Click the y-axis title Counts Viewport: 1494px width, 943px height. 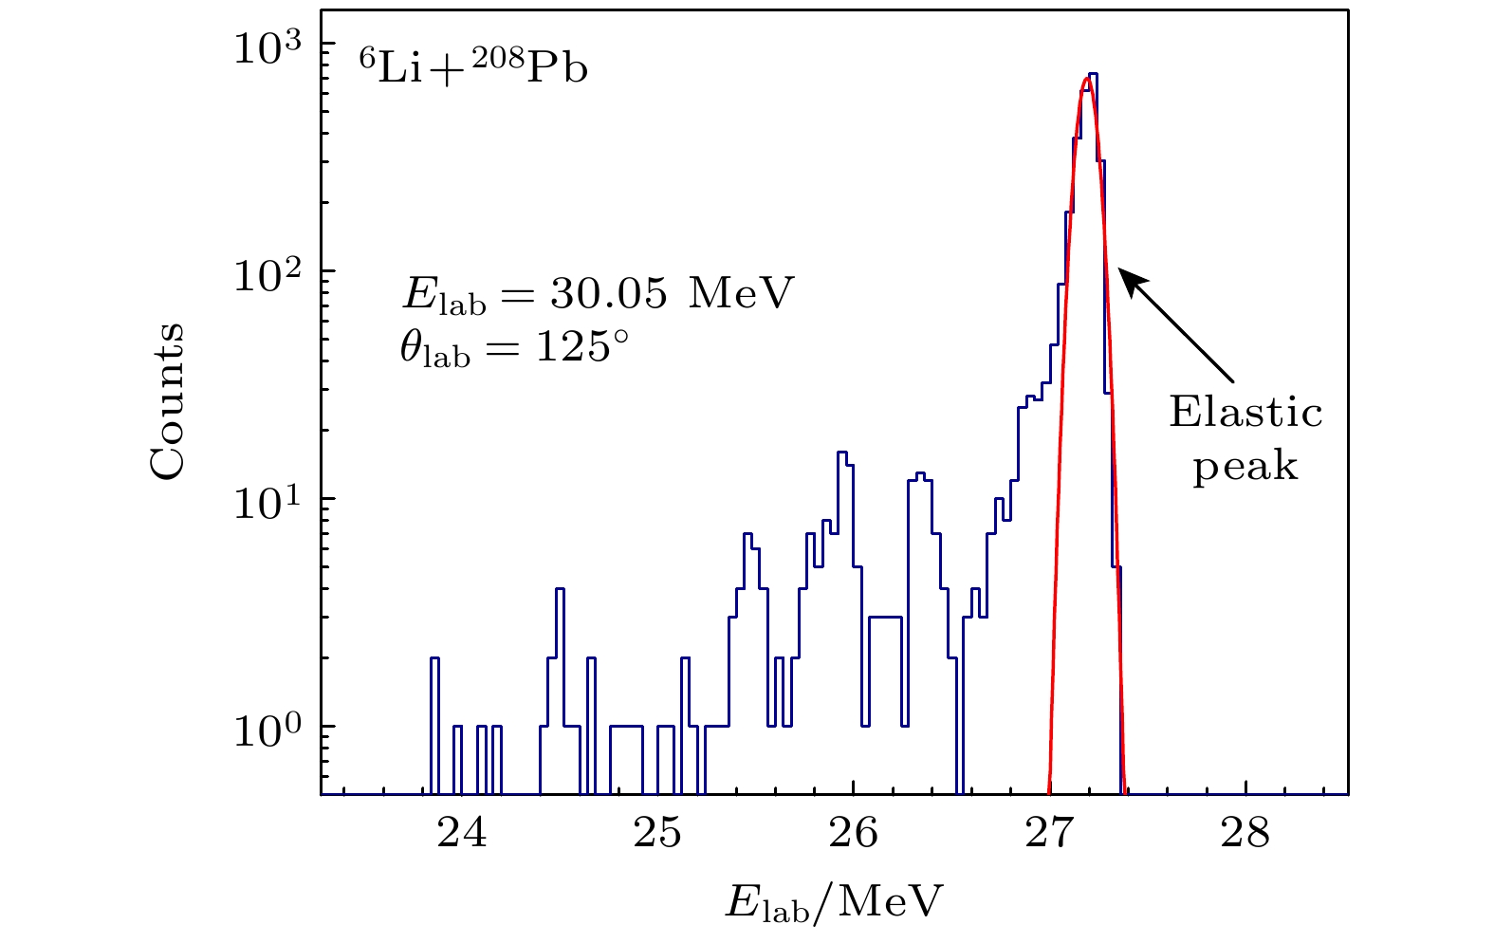tap(167, 400)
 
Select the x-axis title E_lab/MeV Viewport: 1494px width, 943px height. tap(835, 902)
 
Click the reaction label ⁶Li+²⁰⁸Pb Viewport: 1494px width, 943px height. tap(472, 68)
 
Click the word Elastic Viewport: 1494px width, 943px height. tap(1245, 413)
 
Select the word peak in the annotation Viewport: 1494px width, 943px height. tap(1245, 467)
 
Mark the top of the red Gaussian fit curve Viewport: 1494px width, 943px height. tap(1087, 79)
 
